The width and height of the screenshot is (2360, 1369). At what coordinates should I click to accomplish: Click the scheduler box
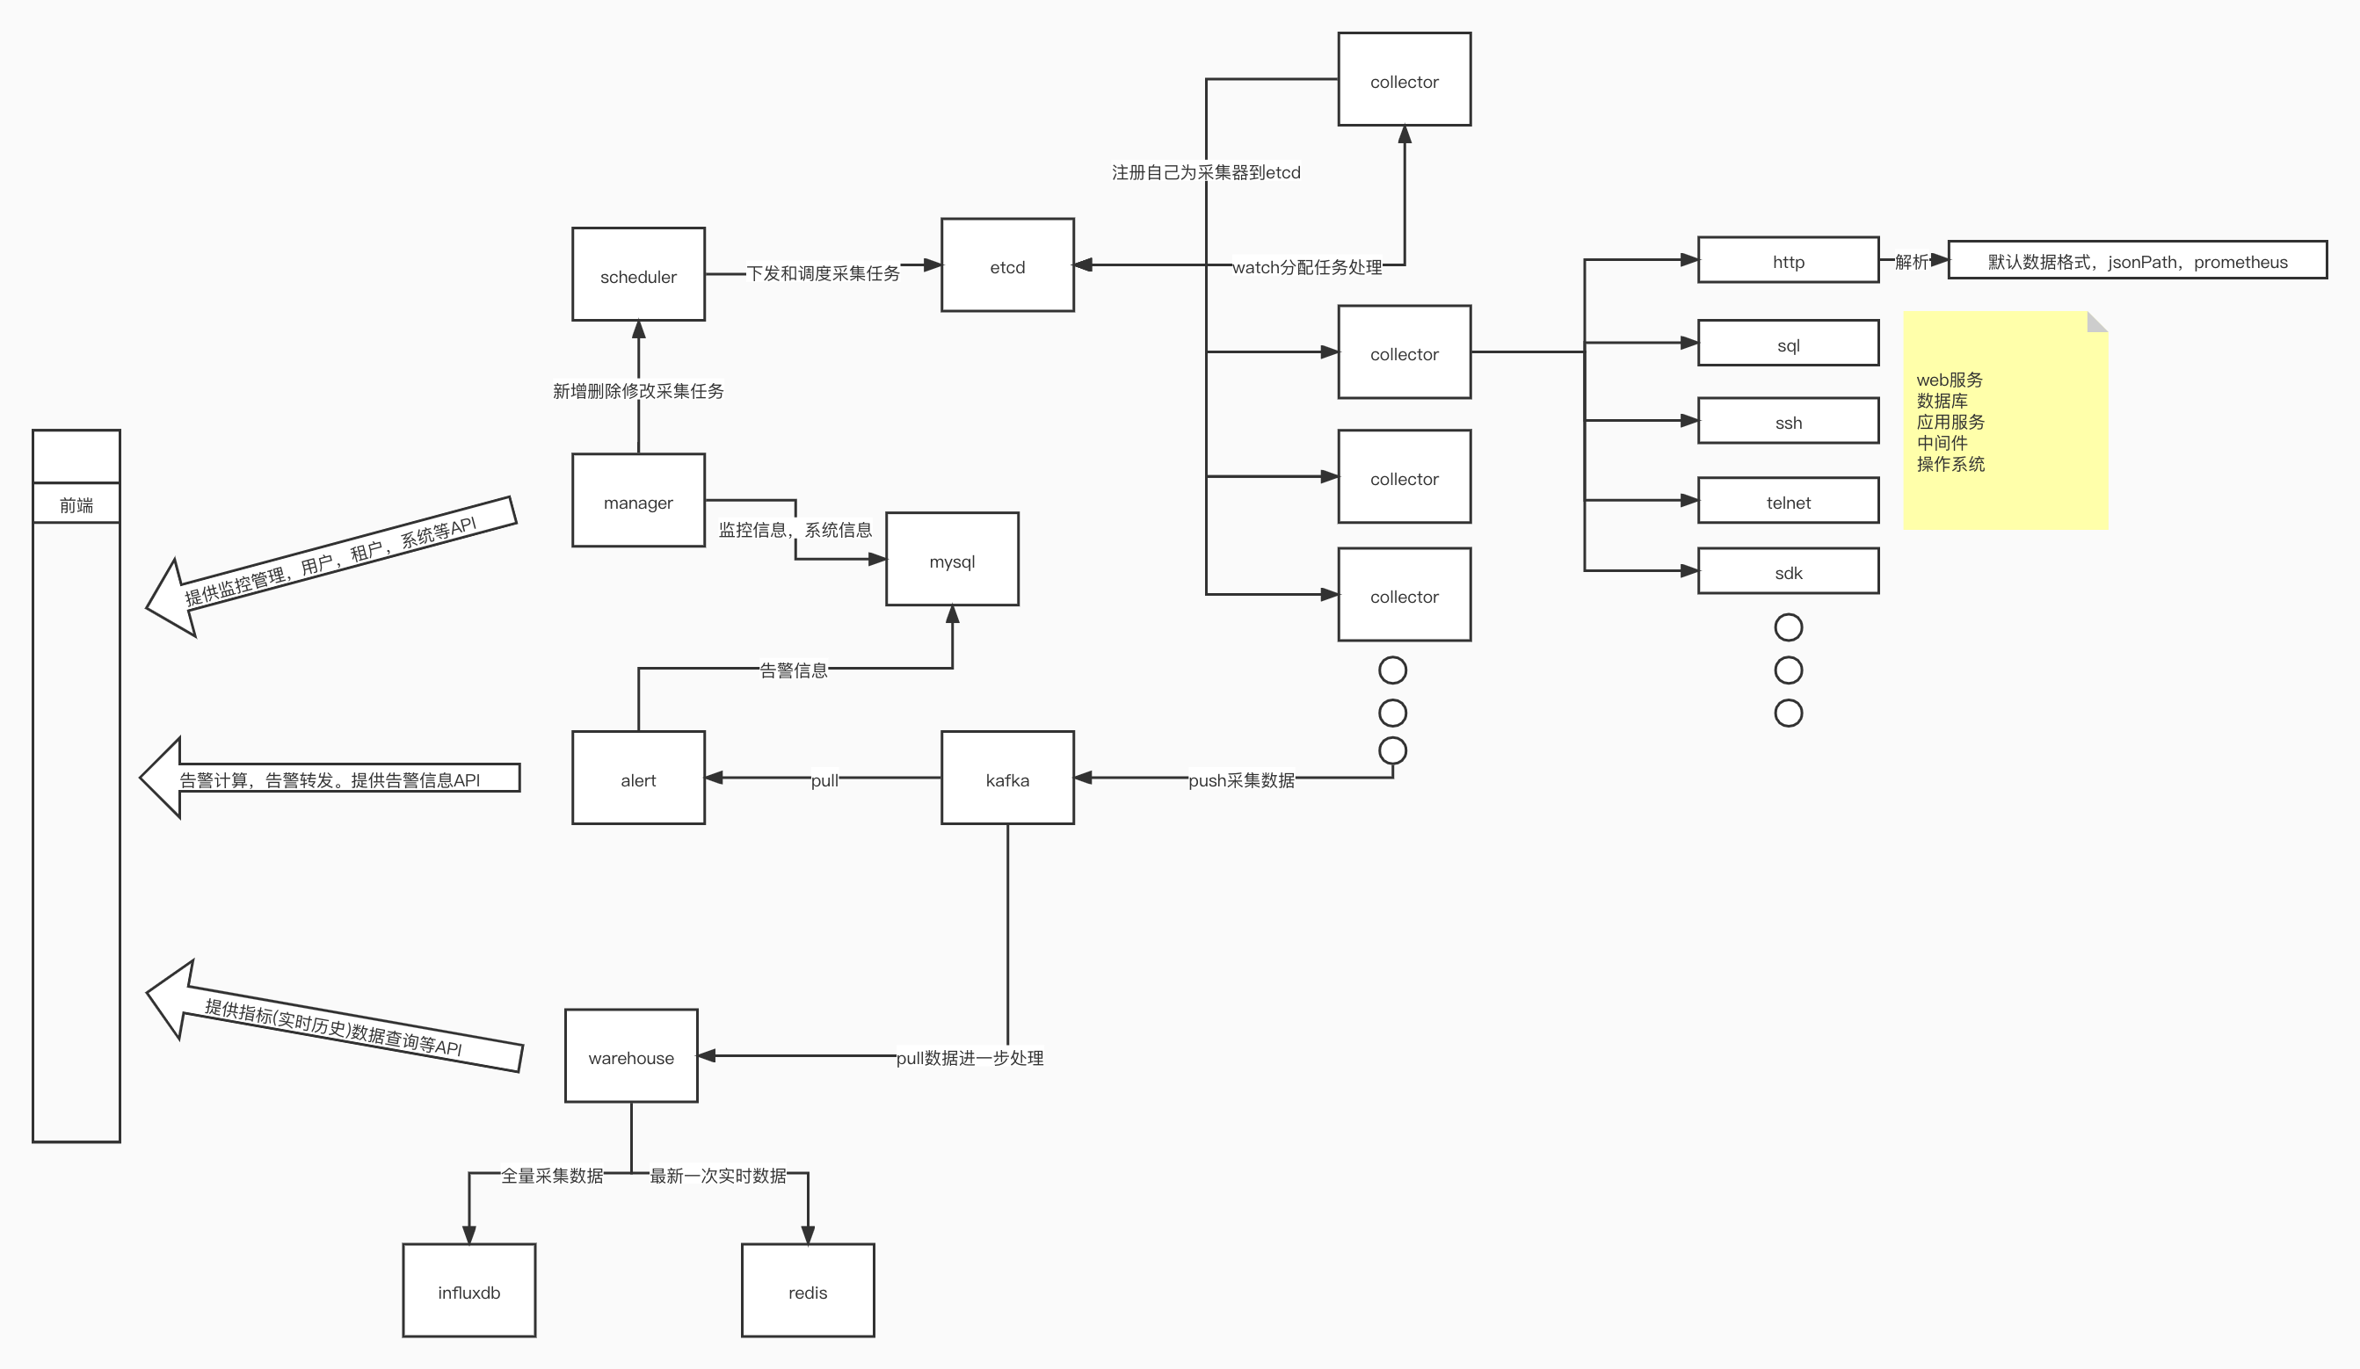pyautogui.click(x=638, y=274)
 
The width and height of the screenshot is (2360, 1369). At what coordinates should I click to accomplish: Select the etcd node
pyautogui.click(x=1006, y=266)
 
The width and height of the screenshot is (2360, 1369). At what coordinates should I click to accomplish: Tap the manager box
pyautogui.click(x=638, y=501)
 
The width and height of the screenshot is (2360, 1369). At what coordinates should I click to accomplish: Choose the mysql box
pyautogui.click(x=952, y=560)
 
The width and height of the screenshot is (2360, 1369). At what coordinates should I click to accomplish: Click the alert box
pyautogui.click(x=638, y=779)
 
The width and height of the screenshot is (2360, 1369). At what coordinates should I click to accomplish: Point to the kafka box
pyautogui.click(x=1006, y=779)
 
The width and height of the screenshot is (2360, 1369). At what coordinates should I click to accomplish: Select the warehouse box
pyautogui.click(x=630, y=1056)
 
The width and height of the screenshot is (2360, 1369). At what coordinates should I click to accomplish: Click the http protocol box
pyautogui.click(x=1788, y=260)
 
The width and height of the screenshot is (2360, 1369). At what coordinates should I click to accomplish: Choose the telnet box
pyautogui.click(x=1788, y=501)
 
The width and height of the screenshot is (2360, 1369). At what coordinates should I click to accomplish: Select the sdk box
pyautogui.click(x=1788, y=571)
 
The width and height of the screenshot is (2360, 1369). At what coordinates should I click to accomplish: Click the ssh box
pyautogui.click(x=1788, y=422)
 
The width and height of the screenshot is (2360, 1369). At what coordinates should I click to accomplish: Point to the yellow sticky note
pyautogui.click(x=2005, y=422)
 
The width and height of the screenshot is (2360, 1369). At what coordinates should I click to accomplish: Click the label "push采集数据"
pyautogui.click(x=1241, y=780)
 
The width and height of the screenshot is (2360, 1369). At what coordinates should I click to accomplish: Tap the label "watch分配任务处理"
pyautogui.click(x=1306, y=267)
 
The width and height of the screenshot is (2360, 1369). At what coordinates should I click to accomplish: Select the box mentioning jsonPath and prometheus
pyautogui.click(x=2137, y=260)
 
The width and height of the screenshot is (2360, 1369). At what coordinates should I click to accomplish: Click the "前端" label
pyautogui.click(x=76, y=504)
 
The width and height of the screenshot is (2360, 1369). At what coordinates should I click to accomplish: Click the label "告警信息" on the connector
pyautogui.click(x=793, y=670)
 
